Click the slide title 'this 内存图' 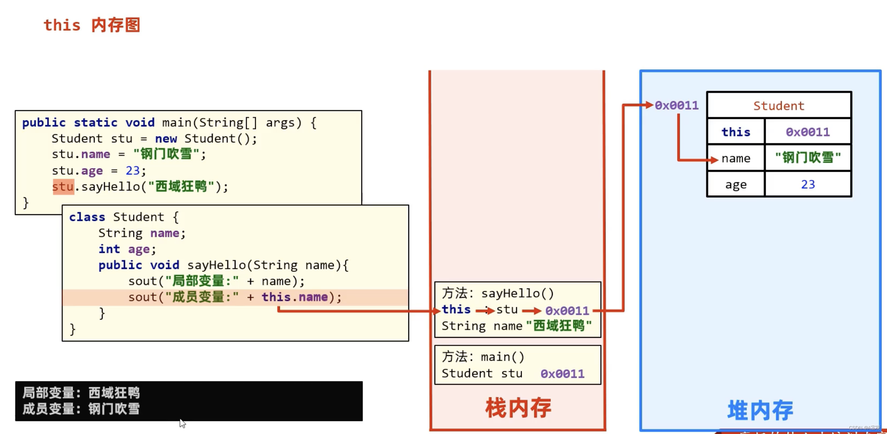[x=92, y=25]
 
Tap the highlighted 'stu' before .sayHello [x=63, y=187]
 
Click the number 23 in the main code [x=133, y=170]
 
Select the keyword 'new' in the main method [x=166, y=138]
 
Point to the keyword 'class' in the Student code [x=87, y=217]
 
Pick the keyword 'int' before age [x=109, y=249]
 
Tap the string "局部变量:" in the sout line [x=202, y=281]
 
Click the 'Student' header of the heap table [x=778, y=106]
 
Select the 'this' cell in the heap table [x=736, y=132]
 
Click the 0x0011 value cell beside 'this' [x=808, y=132]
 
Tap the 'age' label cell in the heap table [x=736, y=185]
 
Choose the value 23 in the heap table [x=808, y=185]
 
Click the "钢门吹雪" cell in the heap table [x=808, y=158]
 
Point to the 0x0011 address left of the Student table [x=676, y=105]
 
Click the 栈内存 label [x=518, y=408]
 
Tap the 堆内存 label [x=760, y=410]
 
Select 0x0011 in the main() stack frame [x=562, y=374]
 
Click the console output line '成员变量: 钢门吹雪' [x=81, y=409]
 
